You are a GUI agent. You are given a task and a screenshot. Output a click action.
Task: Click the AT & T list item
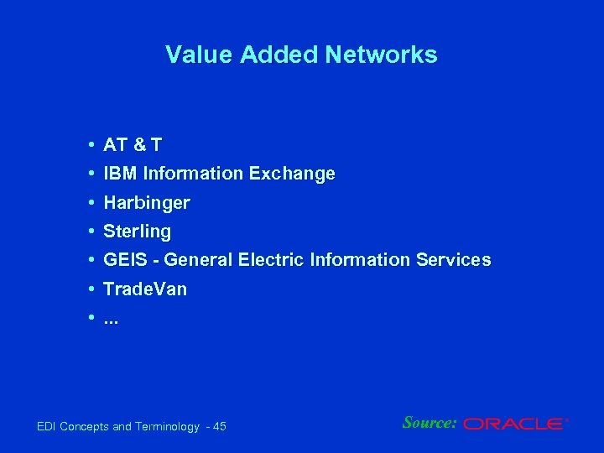click(133, 145)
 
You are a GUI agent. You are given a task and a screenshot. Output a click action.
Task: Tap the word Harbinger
click(147, 203)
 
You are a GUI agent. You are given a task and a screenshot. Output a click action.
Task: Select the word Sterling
click(137, 232)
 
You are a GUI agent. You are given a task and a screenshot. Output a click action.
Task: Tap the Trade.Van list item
click(145, 289)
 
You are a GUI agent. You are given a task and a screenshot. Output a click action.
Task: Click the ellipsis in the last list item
click(112, 320)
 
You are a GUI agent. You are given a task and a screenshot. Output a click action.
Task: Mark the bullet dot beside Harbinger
click(89, 203)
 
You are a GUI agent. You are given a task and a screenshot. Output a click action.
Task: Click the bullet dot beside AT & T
click(89, 145)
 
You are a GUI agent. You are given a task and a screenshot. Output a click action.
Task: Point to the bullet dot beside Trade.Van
click(89, 289)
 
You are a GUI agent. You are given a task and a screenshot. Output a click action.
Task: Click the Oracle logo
click(515, 424)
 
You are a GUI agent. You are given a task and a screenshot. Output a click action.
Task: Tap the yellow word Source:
click(430, 423)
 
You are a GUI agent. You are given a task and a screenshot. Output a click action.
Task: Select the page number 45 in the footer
click(220, 427)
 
